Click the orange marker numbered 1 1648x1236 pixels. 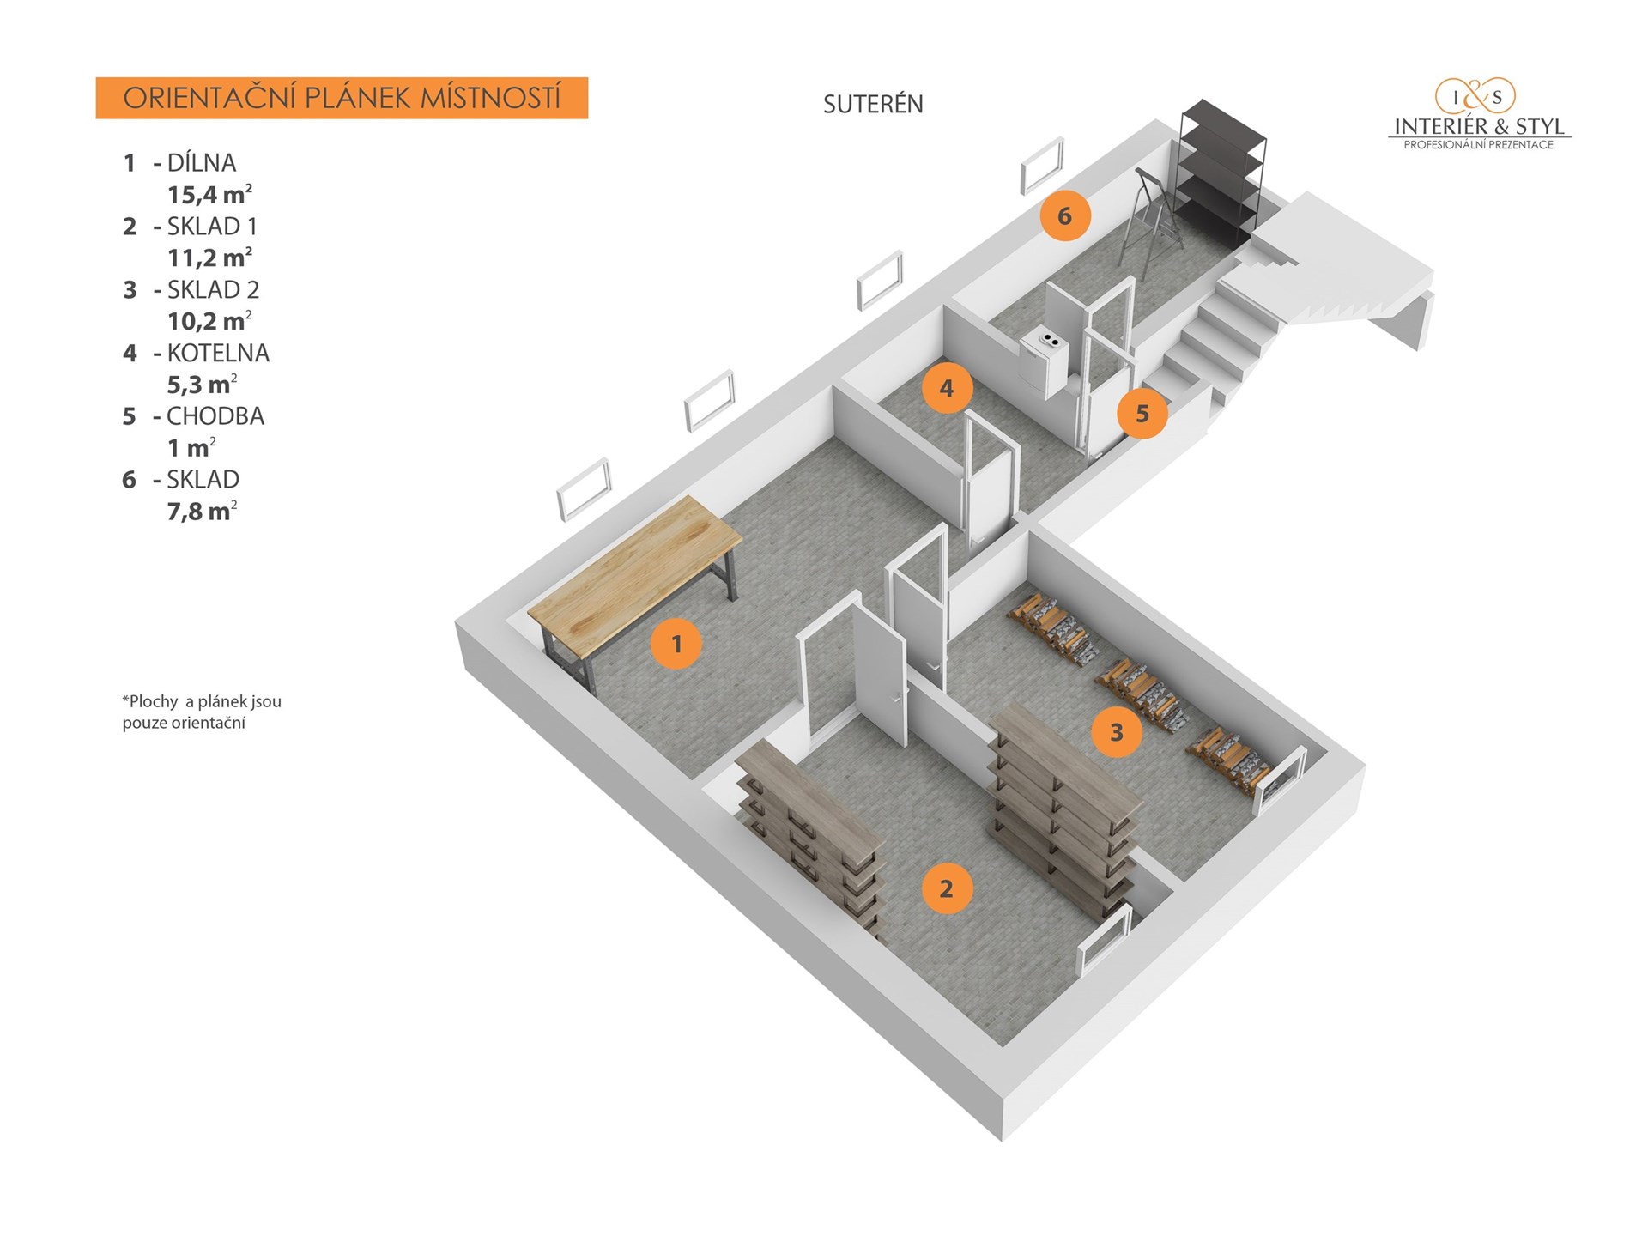pyautogui.click(x=676, y=643)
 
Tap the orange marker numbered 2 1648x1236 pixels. pyautogui.click(x=946, y=888)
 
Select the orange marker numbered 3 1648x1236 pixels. pyautogui.click(x=1116, y=732)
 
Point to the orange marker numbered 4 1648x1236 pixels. pyautogui.click(x=947, y=388)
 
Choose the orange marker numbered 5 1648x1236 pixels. pyautogui.click(x=1142, y=414)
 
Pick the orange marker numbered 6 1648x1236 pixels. pyautogui.click(x=1064, y=215)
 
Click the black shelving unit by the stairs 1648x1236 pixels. pyautogui.click(x=1221, y=172)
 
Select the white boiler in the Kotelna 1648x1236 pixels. pyautogui.click(x=1045, y=360)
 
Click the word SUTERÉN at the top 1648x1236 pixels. pyautogui.click(x=873, y=105)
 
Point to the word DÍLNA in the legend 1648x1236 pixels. pyautogui.click(x=201, y=162)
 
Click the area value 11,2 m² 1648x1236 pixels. pyautogui.click(x=209, y=257)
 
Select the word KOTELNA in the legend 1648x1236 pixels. pyautogui.click(x=218, y=353)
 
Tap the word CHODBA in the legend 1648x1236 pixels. pyautogui.click(x=215, y=416)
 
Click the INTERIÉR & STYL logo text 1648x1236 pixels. pyautogui.click(x=1479, y=127)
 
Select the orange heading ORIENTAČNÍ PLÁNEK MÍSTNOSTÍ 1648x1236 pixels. pyautogui.click(x=342, y=98)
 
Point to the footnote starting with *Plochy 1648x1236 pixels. pyautogui.click(x=202, y=712)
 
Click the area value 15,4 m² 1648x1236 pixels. pyautogui.click(x=209, y=195)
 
